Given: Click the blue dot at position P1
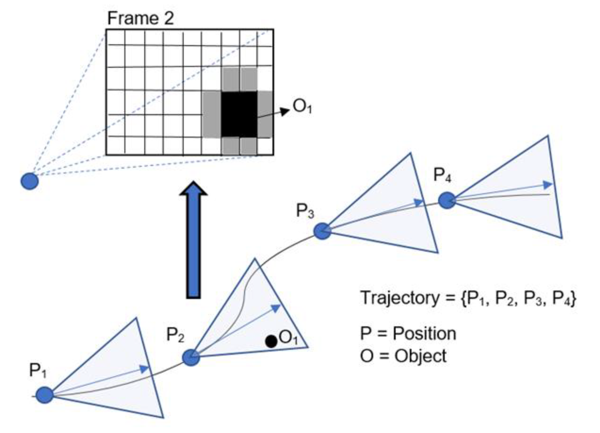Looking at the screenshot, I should pyautogui.click(x=45, y=395).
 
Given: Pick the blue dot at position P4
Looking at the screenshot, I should pyautogui.click(x=447, y=200).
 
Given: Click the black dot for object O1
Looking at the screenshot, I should pyautogui.click(x=271, y=341).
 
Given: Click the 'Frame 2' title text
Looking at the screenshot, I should pyautogui.click(x=140, y=18).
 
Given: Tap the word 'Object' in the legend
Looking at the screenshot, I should pyautogui.click(x=420, y=356).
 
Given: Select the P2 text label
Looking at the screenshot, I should pyautogui.click(x=175, y=335).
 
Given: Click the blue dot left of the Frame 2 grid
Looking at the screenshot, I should pyautogui.click(x=30, y=181).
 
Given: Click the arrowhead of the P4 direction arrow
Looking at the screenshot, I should pyautogui.click(x=548, y=185).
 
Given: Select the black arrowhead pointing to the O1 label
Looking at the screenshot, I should pyautogui.click(x=285, y=111).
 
